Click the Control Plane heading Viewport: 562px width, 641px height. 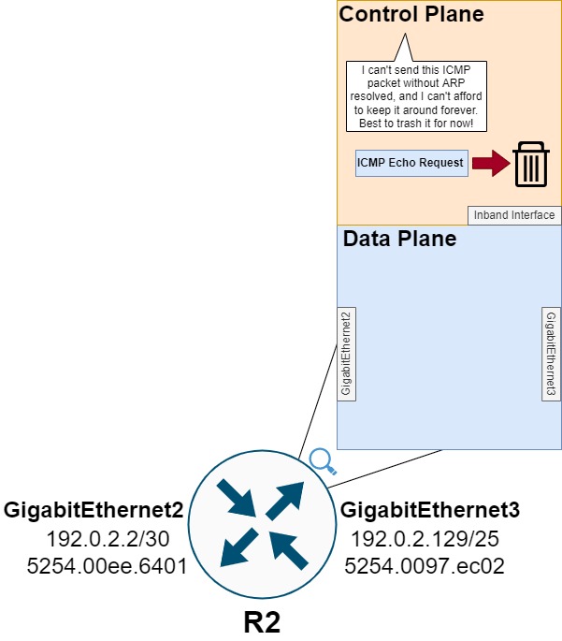[x=411, y=14]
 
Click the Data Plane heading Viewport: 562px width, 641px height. [x=399, y=239]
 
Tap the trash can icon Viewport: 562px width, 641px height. [x=530, y=163]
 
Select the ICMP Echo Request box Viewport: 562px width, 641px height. [x=411, y=163]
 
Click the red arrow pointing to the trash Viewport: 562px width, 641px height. [x=488, y=164]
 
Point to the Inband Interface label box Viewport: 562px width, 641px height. [x=514, y=215]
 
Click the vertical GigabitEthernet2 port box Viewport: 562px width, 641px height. [x=346, y=353]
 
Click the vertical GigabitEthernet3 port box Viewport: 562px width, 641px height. [x=552, y=353]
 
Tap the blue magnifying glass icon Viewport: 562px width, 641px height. [x=323, y=460]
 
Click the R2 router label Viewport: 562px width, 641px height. [x=262, y=621]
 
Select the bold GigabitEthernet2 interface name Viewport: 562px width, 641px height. [x=94, y=511]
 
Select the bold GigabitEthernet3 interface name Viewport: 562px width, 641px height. [x=430, y=511]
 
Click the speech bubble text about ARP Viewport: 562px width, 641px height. [x=411, y=96]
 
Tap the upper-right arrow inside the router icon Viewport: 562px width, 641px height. [x=285, y=503]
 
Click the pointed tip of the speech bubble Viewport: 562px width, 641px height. [x=404, y=36]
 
